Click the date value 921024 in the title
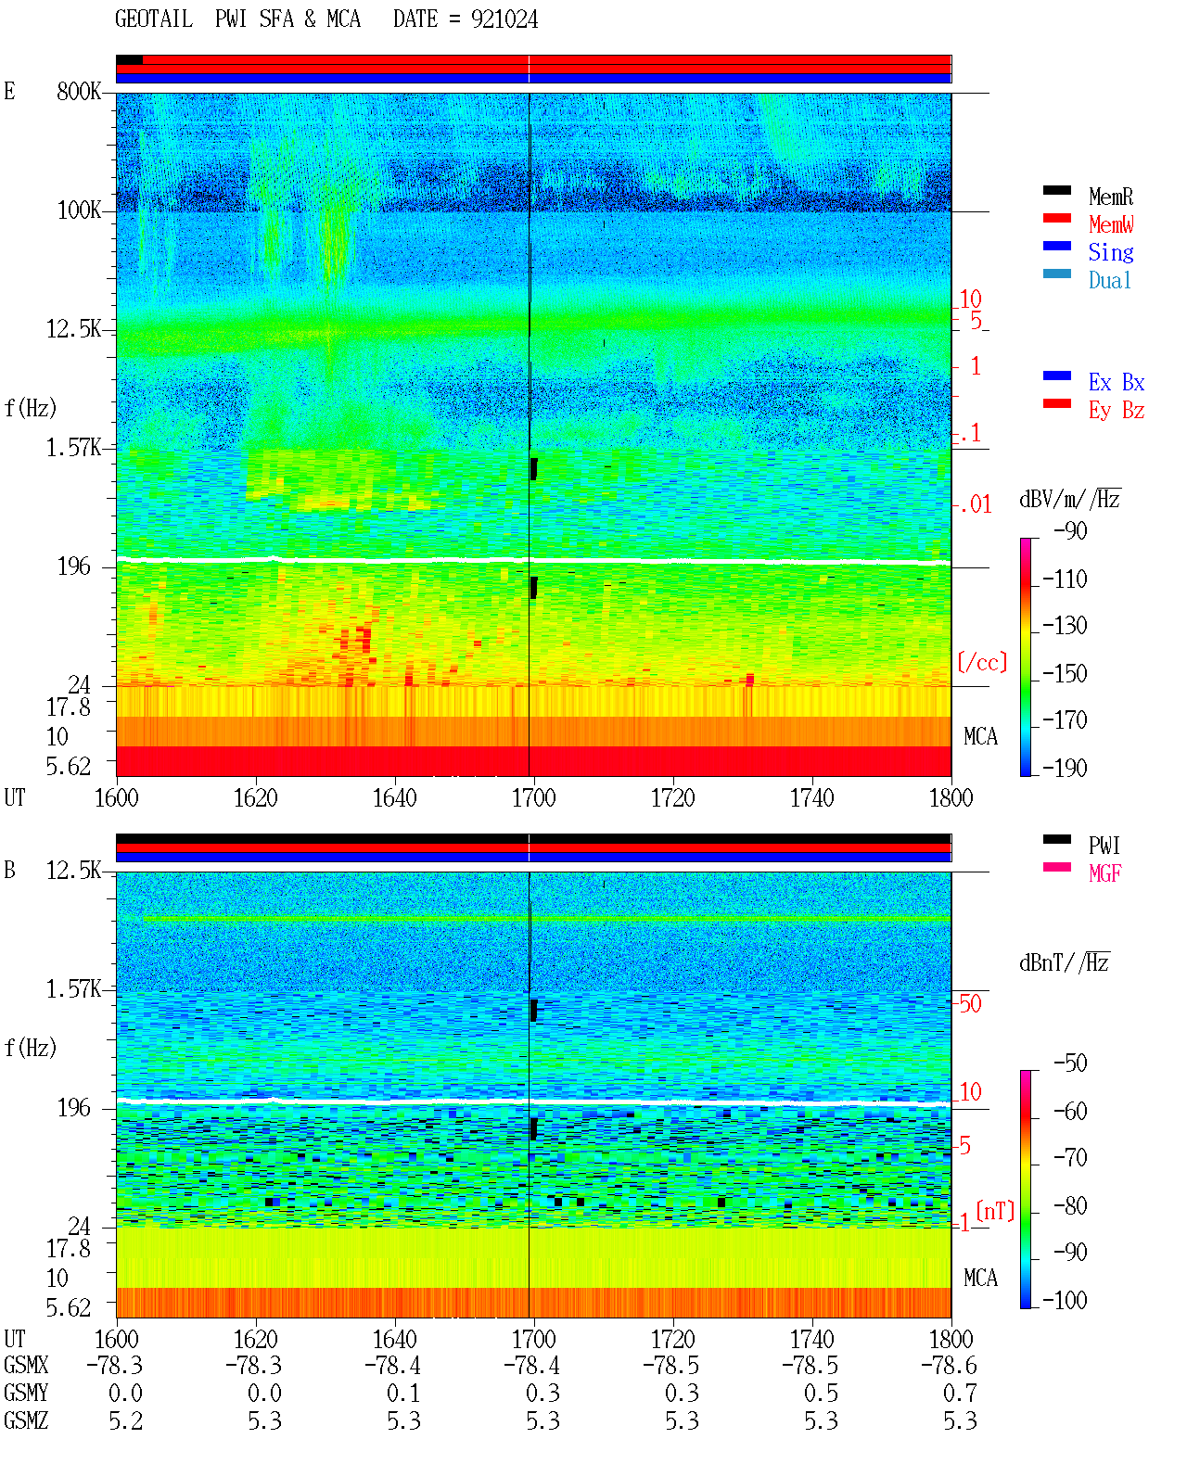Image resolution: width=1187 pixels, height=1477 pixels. (504, 19)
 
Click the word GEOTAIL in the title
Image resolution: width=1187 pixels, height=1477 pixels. (154, 19)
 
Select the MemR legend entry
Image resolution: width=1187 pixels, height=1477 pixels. (1110, 197)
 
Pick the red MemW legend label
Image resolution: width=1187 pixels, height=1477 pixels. (1110, 224)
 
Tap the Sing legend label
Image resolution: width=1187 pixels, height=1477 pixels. (1110, 252)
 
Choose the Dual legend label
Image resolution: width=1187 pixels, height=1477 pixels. (1109, 280)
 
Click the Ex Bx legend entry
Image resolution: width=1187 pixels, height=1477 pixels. (1117, 382)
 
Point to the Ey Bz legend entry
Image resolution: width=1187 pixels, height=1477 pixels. (1117, 411)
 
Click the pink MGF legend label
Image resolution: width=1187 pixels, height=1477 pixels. (1104, 873)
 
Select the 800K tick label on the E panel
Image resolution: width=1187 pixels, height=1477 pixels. (79, 91)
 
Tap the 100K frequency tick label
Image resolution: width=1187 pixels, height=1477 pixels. (79, 210)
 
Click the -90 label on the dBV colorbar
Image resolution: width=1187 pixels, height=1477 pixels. (1070, 530)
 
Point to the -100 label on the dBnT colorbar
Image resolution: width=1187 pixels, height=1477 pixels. (1065, 1300)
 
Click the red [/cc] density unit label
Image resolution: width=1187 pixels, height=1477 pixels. (982, 662)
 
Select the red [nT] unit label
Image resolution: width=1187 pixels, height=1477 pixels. (995, 1210)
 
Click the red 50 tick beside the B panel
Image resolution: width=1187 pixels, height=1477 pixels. (970, 1003)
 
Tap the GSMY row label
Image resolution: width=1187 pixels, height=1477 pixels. (26, 1393)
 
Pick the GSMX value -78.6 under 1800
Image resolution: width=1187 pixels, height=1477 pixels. (949, 1365)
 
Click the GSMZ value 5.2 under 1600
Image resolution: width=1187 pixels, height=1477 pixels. (125, 1420)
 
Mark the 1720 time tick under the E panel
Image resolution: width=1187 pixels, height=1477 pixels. (673, 797)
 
